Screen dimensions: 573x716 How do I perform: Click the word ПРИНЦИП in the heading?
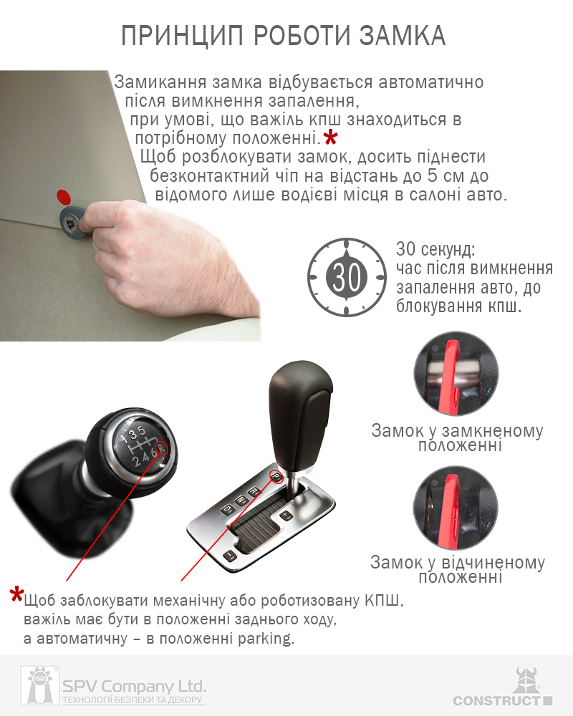pos(182,37)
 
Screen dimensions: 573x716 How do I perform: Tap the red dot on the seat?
pos(64,197)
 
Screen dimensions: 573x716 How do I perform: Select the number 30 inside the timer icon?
pos(347,277)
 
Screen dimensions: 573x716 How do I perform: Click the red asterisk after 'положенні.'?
pos(330,137)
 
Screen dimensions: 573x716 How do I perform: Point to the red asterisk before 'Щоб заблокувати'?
pos(17,594)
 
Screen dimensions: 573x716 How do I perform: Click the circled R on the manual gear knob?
pos(161,448)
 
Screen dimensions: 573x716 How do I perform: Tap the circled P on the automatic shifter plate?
pos(276,476)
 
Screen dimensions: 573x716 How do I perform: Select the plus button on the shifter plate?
pos(286,516)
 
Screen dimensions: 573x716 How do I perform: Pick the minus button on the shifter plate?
pos(229,556)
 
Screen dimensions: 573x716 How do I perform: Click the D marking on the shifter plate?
pos(227,508)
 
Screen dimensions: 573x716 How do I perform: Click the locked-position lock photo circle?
pos(456,374)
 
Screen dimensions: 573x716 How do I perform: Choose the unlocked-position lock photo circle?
pos(456,508)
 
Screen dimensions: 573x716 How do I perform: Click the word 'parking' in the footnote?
pos(266,639)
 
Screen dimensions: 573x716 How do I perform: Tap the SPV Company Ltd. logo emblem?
pos(40,685)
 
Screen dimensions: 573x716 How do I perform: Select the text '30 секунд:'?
pos(435,249)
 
